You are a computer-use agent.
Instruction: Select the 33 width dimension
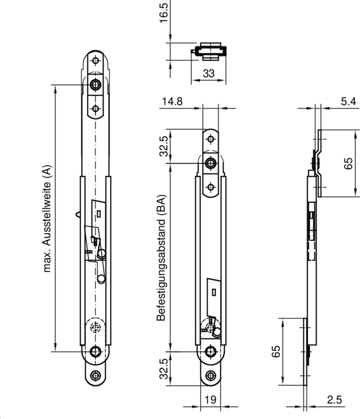(x=209, y=74)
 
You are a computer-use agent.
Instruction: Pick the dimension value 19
(x=210, y=400)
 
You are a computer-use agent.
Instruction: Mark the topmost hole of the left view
(x=95, y=61)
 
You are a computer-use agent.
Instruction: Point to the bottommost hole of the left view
(x=95, y=375)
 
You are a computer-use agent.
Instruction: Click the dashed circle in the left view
(x=95, y=328)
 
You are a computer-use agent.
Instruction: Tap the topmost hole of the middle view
(x=211, y=139)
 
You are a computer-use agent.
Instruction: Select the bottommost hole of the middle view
(x=211, y=375)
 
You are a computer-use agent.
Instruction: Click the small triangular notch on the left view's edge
(x=78, y=213)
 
